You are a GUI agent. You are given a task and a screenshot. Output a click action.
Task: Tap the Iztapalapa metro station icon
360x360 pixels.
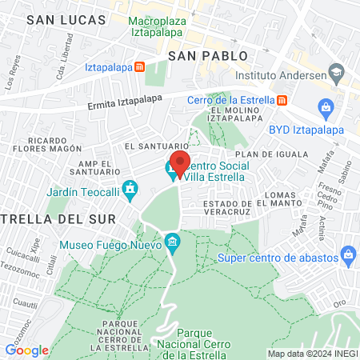point(140,67)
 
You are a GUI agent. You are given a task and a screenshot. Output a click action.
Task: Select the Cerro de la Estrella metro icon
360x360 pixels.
point(282,100)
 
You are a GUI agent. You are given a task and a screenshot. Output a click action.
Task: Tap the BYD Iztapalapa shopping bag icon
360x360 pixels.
point(325,106)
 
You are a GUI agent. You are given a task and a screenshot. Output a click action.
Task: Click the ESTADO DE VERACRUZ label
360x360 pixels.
point(217,208)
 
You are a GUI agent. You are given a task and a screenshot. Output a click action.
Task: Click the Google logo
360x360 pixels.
point(26,350)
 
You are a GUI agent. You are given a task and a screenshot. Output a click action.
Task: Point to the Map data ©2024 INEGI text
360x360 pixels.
point(312,353)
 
